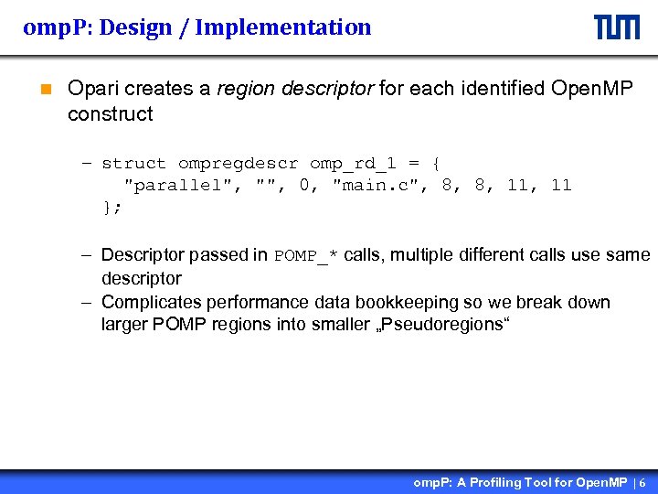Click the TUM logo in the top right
[617, 27]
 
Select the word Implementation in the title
[283, 27]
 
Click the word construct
[110, 114]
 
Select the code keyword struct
[133, 164]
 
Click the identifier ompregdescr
[238, 164]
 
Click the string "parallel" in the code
[179, 186]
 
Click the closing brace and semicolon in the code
[111, 208]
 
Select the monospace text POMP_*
[306, 255]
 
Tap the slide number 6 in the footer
[642, 482]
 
